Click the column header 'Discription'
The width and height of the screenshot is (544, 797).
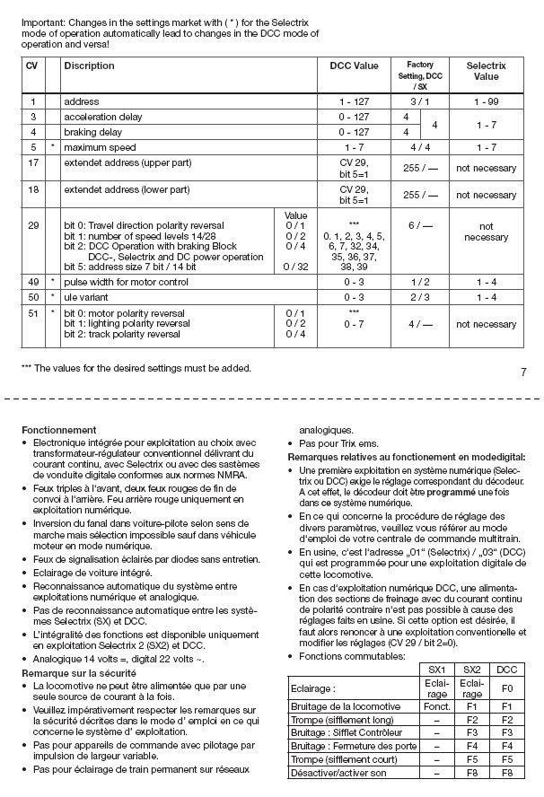coord(89,66)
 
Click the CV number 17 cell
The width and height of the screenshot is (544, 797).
coord(32,162)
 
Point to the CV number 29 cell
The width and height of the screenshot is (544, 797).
coord(32,225)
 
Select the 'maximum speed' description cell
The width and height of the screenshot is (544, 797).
coord(99,146)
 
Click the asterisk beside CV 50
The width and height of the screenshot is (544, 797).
coord(53,295)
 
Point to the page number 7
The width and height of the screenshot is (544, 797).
coord(523,371)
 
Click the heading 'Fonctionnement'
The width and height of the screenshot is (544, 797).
coord(58,430)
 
